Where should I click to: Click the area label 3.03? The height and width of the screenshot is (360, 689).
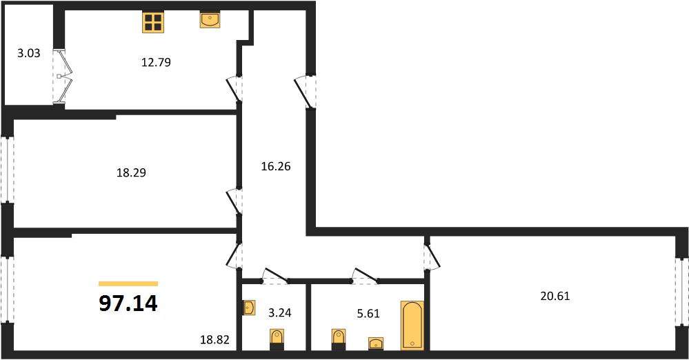click(x=28, y=53)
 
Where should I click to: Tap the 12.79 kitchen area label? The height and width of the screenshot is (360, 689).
click(x=156, y=63)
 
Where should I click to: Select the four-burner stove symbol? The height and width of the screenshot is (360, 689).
click(x=153, y=22)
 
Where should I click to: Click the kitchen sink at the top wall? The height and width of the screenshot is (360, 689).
click(x=210, y=20)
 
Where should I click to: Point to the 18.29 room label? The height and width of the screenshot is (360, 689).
click(x=131, y=172)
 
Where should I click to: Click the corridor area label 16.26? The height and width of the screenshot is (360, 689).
click(x=276, y=167)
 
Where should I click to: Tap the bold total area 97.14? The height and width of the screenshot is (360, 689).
click(x=128, y=303)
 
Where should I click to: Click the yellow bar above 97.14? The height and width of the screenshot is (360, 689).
click(x=128, y=284)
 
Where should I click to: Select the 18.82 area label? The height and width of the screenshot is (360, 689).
click(x=215, y=339)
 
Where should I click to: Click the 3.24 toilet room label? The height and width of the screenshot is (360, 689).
click(x=280, y=312)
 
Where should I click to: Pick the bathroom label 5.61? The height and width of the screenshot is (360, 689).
click(x=368, y=313)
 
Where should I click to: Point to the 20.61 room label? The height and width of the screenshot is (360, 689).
click(x=555, y=297)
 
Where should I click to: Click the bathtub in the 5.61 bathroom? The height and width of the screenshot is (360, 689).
click(x=412, y=326)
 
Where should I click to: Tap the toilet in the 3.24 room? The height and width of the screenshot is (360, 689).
click(x=277, y=340)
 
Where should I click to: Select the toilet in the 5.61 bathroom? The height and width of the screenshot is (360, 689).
click(x=339, y=340)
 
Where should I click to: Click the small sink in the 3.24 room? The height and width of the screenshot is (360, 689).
click(x=249, y=308)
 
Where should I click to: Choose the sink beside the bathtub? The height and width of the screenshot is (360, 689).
click(x=376, y=343)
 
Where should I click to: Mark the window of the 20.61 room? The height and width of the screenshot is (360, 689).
click(x=682, y=292)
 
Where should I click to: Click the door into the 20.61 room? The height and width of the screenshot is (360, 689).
click(x=432, y=257)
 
